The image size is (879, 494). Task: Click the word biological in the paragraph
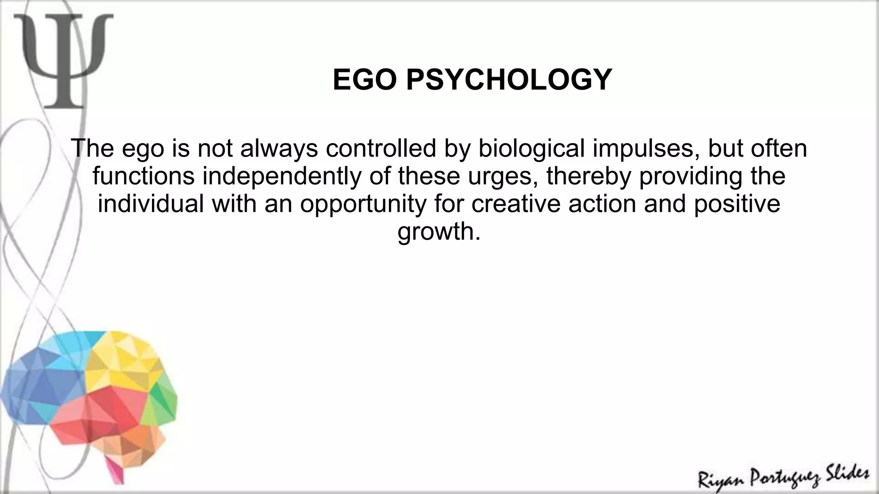tap(531, 148)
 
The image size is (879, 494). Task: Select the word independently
tap(282, 176)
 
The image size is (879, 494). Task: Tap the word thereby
tap(589, 176)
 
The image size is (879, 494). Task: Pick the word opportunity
tap(363, 204)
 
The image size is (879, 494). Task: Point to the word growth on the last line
tap(438, 232)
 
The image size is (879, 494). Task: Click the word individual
tap(151, 204)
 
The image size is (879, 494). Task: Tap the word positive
tap(737, 204)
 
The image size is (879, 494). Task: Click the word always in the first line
tap(279, 148)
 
